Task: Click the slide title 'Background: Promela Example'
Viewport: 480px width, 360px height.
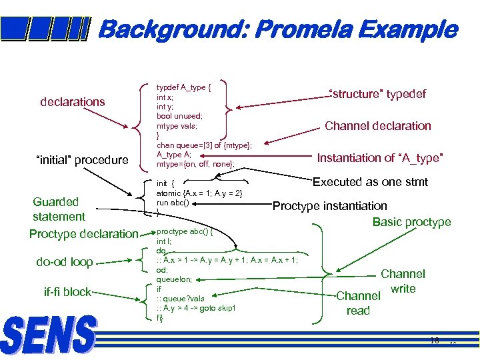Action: [x=277, y=30]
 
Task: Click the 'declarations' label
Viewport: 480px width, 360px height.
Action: [x=73, y=102]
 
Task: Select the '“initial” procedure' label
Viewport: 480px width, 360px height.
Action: [x=81, y=160]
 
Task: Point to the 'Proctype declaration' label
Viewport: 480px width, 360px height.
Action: [x=83, y=234]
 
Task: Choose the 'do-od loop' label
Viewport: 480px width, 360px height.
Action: [x=65, y=262]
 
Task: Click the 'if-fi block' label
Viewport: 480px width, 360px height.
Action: [x=67, y=292]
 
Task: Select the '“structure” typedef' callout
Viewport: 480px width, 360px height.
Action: [x=377, y=94]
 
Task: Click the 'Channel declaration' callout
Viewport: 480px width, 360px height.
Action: [x=377, y=126]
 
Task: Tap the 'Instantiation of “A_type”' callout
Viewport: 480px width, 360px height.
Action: [x=380, y=158]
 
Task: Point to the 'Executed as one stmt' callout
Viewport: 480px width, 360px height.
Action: [x=370, y=182]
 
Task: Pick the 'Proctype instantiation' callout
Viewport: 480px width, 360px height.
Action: [x=329, y=206]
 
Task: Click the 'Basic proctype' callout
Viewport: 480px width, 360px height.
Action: [x=411, y=222]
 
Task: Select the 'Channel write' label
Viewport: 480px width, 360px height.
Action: [x=403, y=281]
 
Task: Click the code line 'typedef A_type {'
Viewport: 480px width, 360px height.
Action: [x=183, y=87]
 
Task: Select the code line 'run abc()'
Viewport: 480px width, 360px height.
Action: [x=173, y=203]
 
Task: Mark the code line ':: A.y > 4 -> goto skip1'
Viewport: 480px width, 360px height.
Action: [x=196, y=308]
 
